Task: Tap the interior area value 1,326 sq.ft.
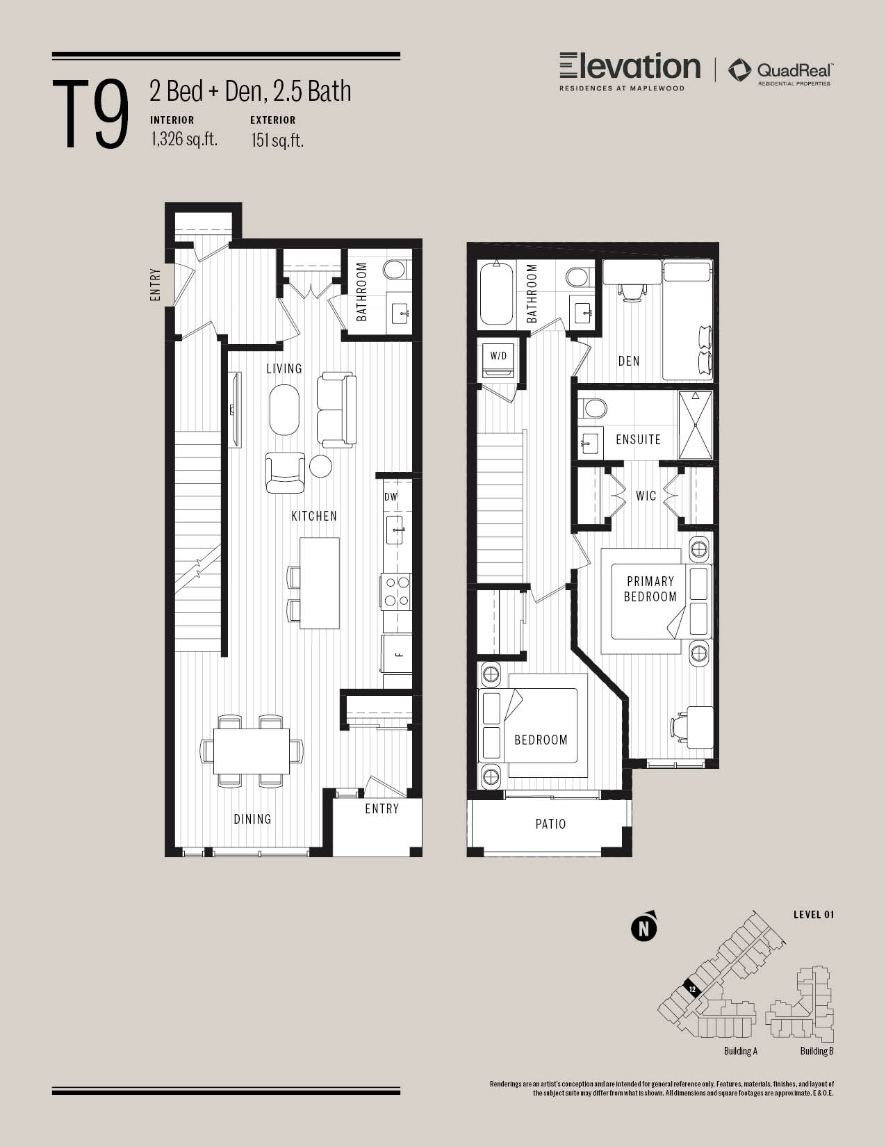183,139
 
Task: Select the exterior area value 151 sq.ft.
277,140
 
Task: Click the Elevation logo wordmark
630,67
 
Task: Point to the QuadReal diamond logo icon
740,70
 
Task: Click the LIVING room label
284,368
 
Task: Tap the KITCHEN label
314,516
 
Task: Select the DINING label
252,819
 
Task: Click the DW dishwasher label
391,497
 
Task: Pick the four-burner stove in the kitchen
397,591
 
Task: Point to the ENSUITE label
638,439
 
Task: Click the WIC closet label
646,496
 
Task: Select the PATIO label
550,824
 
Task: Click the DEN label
628,361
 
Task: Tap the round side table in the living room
320,466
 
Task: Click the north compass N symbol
644,927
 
